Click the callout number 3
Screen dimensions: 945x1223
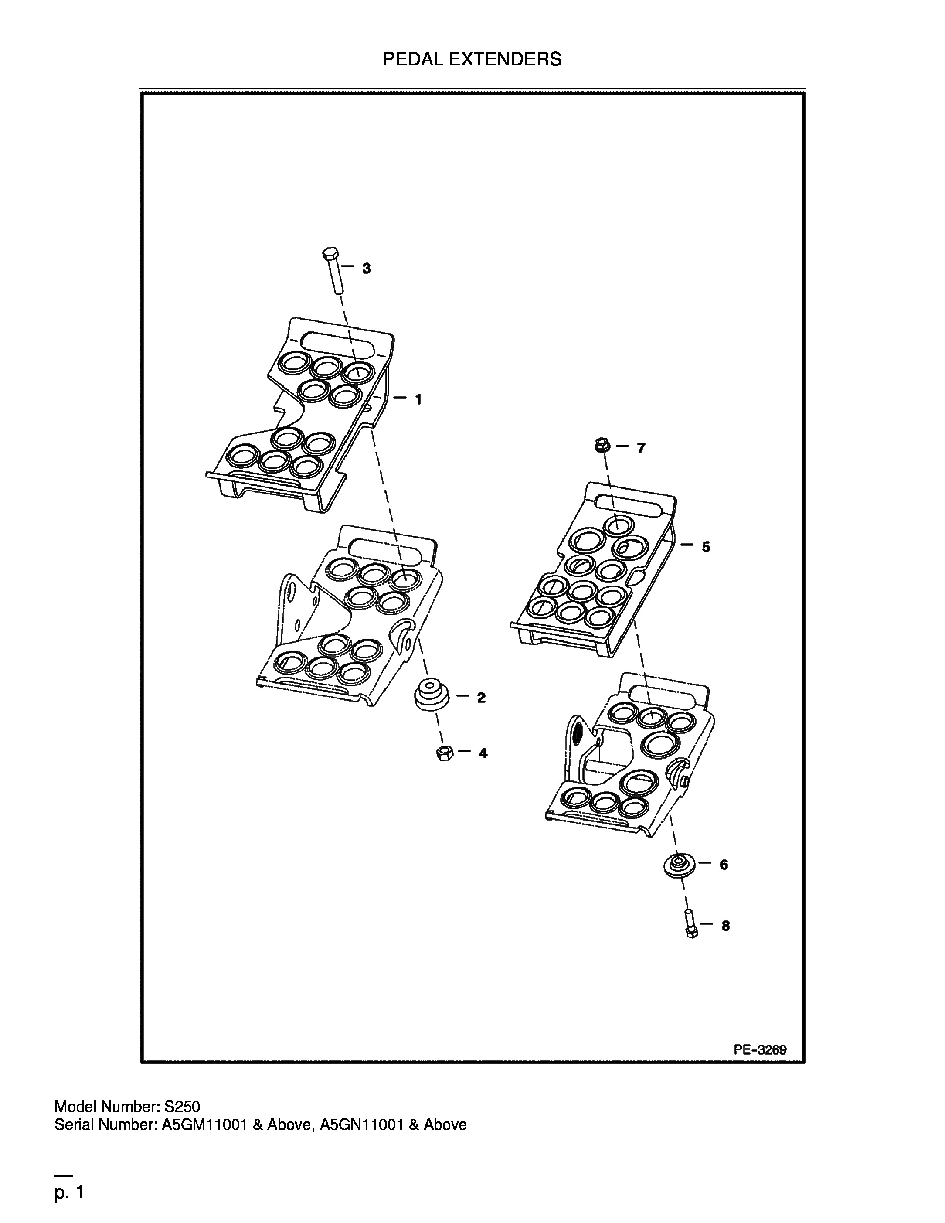point(366,269)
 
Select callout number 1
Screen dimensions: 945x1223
point(418,399)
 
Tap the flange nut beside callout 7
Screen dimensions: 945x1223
point(602,446)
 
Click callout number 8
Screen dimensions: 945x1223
point(726,926)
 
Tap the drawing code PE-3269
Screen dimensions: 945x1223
point(760,1050)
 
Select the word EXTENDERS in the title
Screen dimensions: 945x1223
point(508,59)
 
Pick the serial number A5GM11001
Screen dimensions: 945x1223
point(204,1124)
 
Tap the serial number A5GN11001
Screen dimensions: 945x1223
point(362,1124)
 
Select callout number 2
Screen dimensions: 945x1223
point(481,698)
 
